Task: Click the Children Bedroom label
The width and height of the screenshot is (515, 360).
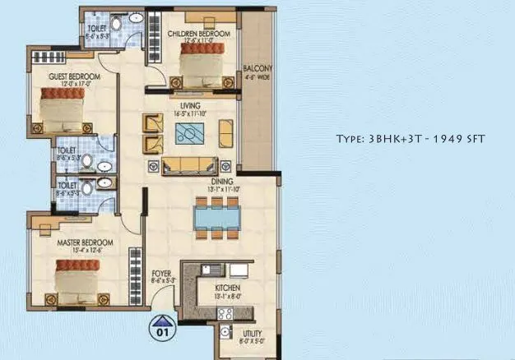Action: click(x=193, y=34)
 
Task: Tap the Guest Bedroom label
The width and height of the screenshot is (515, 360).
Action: click(x=74, y=76)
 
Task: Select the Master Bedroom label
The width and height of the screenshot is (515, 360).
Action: click(x=85, y=243)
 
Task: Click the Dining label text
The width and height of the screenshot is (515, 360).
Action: click(x=221, y=182)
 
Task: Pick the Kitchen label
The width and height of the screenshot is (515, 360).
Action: click(x=227, y=288)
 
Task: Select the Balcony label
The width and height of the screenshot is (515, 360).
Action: click(x=257, y=68)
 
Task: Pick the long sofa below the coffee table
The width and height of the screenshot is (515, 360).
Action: click(x=188, y=165)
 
